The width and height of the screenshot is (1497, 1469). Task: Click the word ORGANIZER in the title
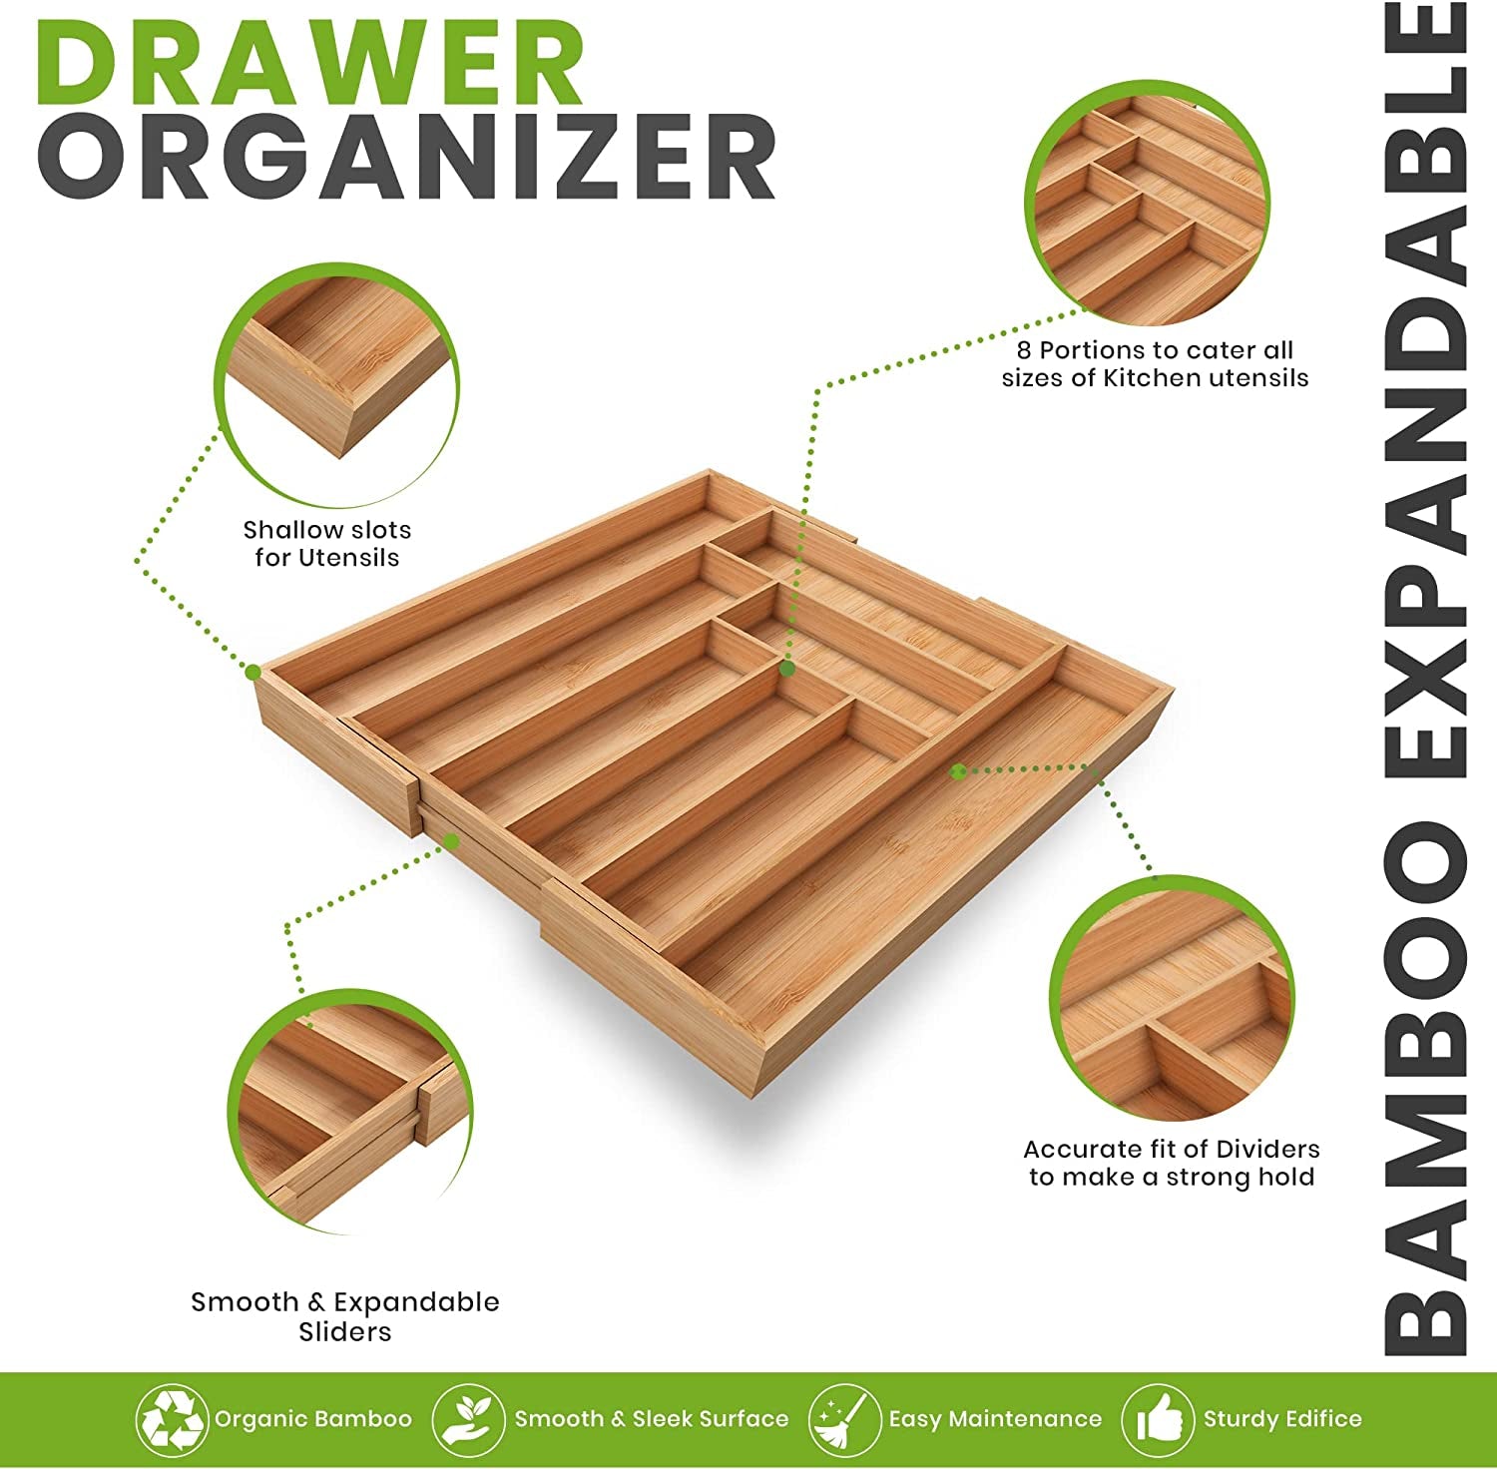click(406, 158)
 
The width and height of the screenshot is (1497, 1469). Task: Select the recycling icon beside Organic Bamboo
click(172, 1418)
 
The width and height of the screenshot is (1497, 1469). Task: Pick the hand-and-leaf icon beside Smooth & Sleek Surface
click(468, 1418)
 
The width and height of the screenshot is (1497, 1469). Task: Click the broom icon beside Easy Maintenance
click(844, 1418)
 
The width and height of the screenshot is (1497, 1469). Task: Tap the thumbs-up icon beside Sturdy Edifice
click(1158, 1418)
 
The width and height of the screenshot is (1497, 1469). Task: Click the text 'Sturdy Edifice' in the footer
click(1282, 1418)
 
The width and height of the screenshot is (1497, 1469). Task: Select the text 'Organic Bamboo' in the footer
click(313, 1418)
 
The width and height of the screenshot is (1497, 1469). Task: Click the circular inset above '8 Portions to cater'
click(1148, 204)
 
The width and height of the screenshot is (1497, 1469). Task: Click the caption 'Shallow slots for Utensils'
click(327, 544)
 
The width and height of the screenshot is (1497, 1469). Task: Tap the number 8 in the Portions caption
click(1024, 350)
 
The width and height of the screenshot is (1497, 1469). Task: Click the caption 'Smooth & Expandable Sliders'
click(345, 1316)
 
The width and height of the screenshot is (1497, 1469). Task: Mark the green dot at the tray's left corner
click(253, 672)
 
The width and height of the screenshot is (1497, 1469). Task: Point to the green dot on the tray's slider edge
click(451, 841)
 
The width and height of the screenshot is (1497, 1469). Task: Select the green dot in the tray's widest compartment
click(958, 770)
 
